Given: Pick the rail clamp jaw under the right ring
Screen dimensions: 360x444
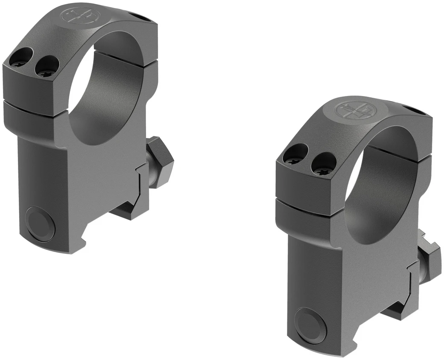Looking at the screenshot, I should click(x=397, y=309).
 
